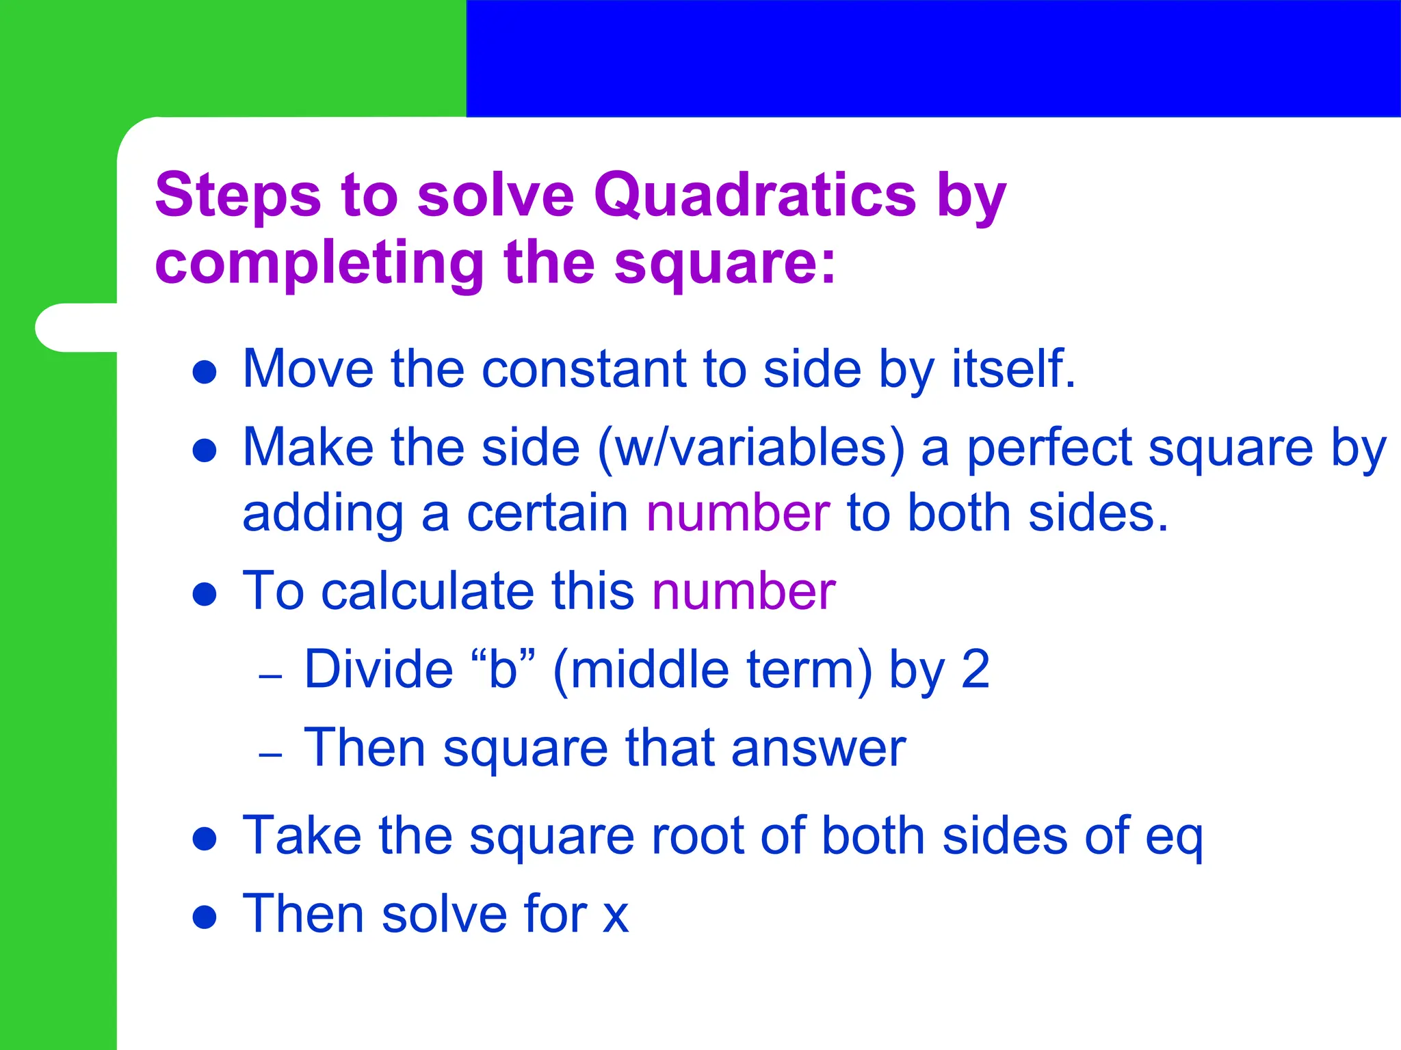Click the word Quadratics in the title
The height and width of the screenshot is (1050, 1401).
[x=755, y=196]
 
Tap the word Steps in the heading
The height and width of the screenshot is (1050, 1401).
[x=237, y=196]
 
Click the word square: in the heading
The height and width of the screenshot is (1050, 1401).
[x=725, y=264]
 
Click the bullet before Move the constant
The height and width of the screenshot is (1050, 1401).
[x=205, y=373]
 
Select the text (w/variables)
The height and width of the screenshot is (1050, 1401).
[x=750, y=448]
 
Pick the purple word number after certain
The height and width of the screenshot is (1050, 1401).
[x=738, y=513]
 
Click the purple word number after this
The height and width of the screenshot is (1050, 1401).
[x=744, y=591]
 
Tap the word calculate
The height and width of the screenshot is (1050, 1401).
[x=428, y=591]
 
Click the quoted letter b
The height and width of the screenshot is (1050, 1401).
[x=503, y=670]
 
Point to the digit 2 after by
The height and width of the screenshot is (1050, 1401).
[x=976, y=670]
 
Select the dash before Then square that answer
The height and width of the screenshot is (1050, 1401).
[x=271, y=755]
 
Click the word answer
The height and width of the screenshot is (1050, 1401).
[x=818, y=749]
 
